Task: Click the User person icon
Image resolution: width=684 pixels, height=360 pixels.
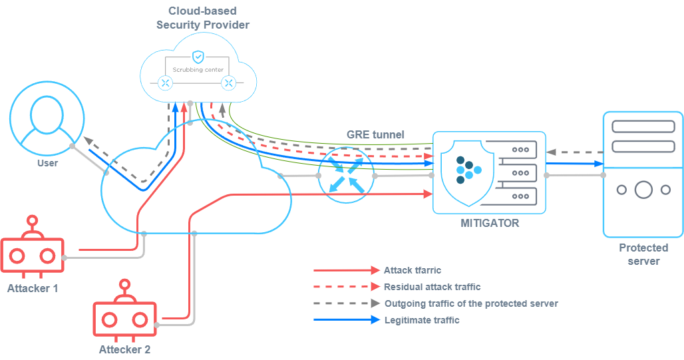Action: coord(47,122)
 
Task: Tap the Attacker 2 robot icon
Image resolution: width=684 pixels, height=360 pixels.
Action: coord(124,318)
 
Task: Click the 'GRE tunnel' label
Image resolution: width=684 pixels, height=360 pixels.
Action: coord(375,134)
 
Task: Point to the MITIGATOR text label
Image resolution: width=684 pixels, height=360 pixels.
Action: coord(490,223)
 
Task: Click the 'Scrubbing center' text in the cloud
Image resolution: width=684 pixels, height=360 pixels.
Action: coord(198,69)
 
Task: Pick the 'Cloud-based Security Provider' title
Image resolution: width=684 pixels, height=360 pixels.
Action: coord(203,18)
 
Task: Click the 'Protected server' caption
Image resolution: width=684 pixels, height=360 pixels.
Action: coord(643,254)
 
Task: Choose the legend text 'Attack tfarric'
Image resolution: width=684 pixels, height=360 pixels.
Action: coord(413,270)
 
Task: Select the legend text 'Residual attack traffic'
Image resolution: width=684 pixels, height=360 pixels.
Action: coord(432,287)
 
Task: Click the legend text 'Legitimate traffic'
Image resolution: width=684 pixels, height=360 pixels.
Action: coord(422,320)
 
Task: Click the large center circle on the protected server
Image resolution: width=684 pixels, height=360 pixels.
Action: coord(643,190)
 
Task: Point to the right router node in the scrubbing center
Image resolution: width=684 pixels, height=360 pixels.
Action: coord(229,83)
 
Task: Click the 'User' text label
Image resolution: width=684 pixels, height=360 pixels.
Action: coord(47,163)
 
